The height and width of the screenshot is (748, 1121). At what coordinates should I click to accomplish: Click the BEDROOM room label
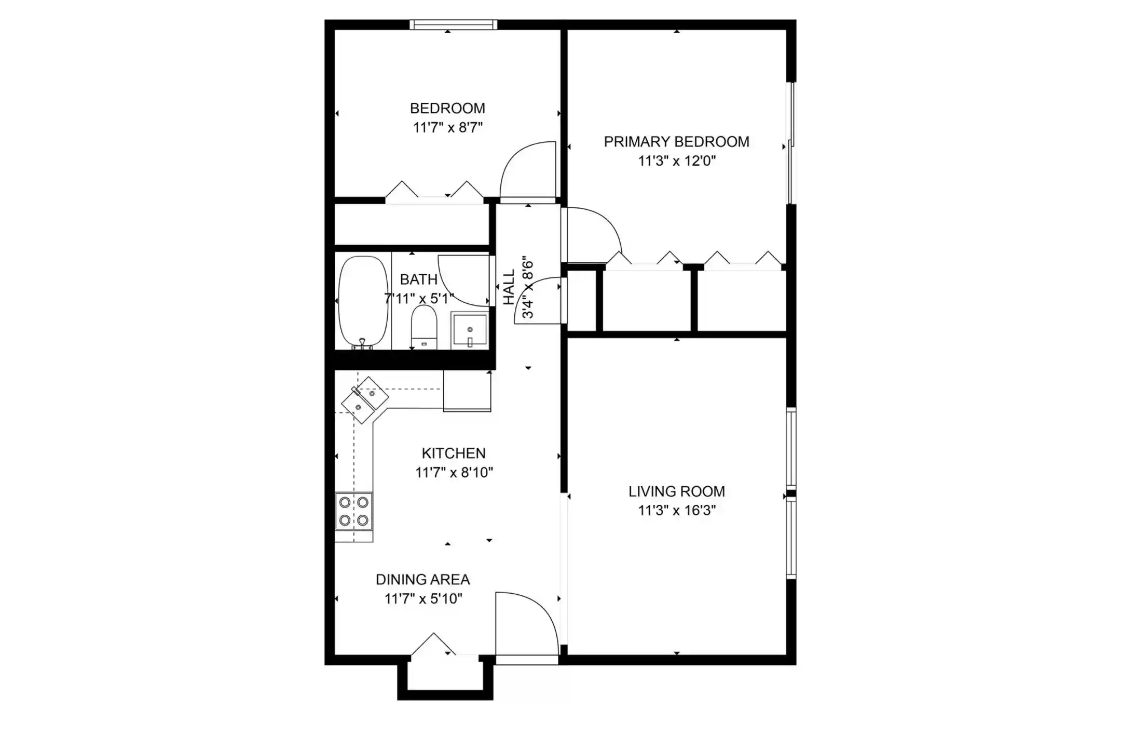coord(447,108)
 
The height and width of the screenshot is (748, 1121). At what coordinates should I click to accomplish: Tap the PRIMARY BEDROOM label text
coord(676,142)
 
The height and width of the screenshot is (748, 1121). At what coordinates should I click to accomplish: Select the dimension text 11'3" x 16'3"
coord(677,510)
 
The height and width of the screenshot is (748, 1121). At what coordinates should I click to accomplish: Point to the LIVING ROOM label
coord(677,491)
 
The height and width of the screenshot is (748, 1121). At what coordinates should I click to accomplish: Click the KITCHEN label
coord(454,453)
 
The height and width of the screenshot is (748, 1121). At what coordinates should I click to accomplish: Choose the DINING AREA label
coord(423,580)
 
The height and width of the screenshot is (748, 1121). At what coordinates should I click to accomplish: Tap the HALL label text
coord(509,287)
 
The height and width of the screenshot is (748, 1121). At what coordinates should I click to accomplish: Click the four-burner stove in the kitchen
coord(354,511)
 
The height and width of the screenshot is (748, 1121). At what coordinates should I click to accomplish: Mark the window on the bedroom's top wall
coord(453,24)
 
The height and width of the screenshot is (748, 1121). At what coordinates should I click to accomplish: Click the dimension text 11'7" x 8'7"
coord(448,127)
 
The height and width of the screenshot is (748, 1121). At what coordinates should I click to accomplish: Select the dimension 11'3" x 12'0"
coord(677,161)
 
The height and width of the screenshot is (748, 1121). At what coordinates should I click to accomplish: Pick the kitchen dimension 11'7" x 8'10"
coord(454,472)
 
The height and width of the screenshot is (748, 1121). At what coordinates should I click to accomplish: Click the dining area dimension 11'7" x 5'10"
coord(423,599)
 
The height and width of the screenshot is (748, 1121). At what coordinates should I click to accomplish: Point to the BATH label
coord(419,279)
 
